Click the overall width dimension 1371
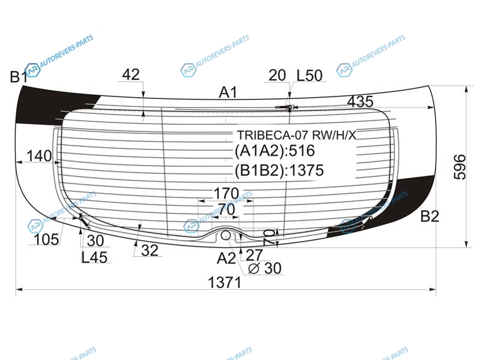[x=224, y=282]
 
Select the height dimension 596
[x=460, y=167]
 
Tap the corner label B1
[x=19, y=77]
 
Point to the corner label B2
[x=430, y=217]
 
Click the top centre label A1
[x=228, y=92]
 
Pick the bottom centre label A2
[x=226, y=259]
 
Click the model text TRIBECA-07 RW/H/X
[x=297, y=135]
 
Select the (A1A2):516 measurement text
[x=275, y=151]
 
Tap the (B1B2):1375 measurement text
[x=279, y=170]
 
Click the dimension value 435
[x=361, y=101]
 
